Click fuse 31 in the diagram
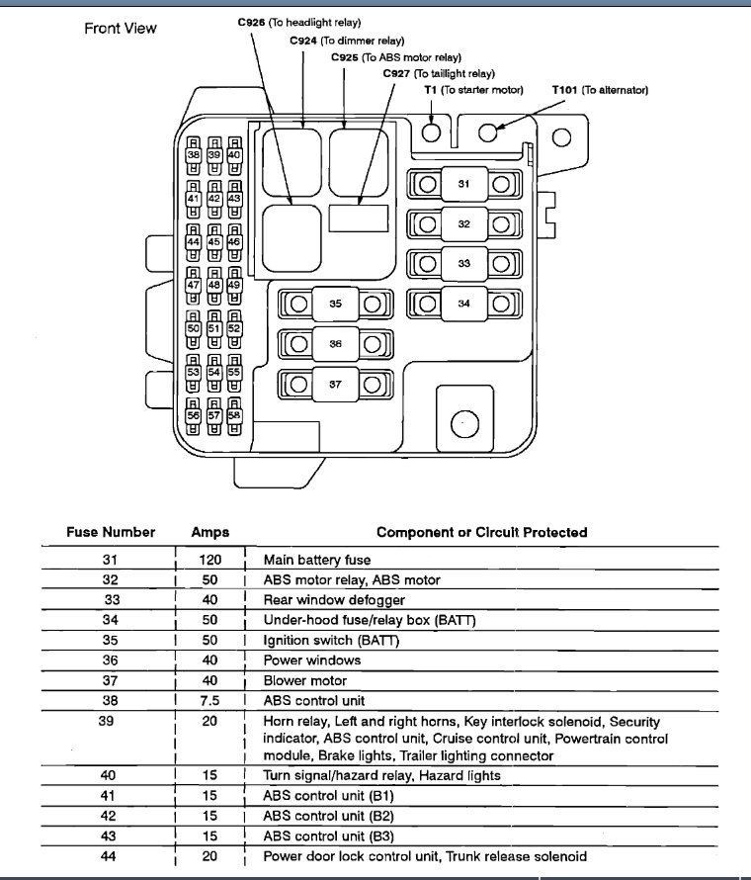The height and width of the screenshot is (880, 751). (x=463, y=184)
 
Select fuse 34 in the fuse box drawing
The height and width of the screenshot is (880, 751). (x=463, y=304)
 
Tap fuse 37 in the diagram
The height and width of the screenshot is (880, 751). (x=335, y=385)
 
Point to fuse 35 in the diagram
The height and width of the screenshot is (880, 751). (x=335, y=304)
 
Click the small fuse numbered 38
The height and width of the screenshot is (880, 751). (x=194, y=155)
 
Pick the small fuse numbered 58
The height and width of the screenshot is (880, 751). (x=234, y=416)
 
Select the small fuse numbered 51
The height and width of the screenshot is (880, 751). (x=213, y=328)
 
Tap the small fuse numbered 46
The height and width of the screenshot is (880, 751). (x=234, y=241)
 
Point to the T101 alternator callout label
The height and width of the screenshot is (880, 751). (x=600, y=90)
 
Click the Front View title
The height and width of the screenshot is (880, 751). (x=120, y=28)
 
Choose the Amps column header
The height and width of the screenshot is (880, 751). (x=209, y=532)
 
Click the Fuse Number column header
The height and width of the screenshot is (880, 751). (x=111, y=532)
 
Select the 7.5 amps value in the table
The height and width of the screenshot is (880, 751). (x=209, y=700)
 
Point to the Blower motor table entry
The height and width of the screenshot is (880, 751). (x=304, y=680)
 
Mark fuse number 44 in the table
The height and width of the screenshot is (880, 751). (x=110, y=856)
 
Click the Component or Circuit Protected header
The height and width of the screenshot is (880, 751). (x=481, y=532)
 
